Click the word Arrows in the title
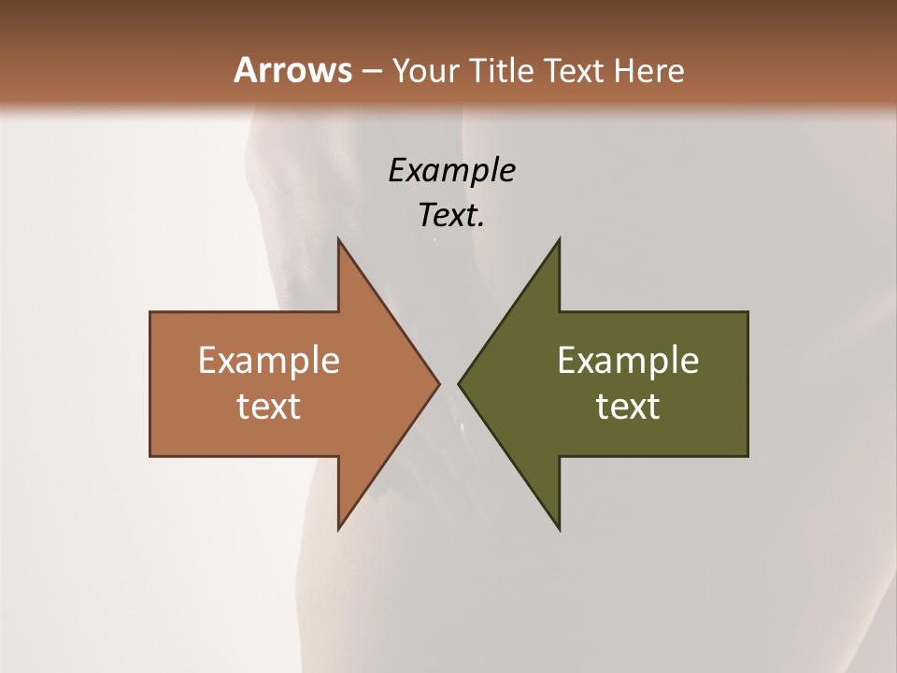pyautogui.click(x=292, y=70)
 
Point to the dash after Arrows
pyautogui.click(x=371, y=71)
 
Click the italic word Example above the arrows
pyautogui.click(x=451, y=171)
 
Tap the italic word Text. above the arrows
pyautogui.click(x=451, y=215)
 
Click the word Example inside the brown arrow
pyautogui.click(x=268, y=360)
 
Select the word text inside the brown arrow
pyautogui.click(x=268, y=406)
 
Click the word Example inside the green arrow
pyautogui.click(x=628, y=360)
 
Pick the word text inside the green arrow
pyautogui.click(x=628, y=406)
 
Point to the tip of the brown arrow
pyautogui.click(x=438, y=383)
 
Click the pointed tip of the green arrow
pyautogui.click(x=459, y=383)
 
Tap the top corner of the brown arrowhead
pyautogui.click(x=338, y=240)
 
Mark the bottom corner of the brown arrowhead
pyautogui.click(x=338, y=528)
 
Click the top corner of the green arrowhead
pyautogui.click(x=559, y=240)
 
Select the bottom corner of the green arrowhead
pyautogui.click(x=559, y=528)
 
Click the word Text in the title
pyautogui.click(x=574, y=70)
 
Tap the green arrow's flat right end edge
pyautogui.click(x=747, y=383)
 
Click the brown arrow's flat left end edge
pyautogui.click(x=150, y=383)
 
